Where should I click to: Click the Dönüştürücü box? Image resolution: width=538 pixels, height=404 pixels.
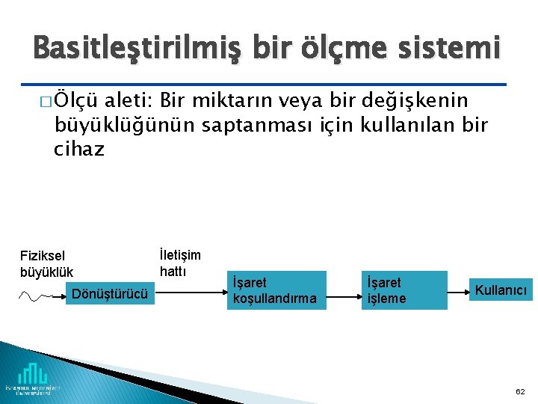pyautogui.click(x=110, y=293)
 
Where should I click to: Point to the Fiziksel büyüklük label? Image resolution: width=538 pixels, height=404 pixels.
pyautogui.click(x=47, y=263)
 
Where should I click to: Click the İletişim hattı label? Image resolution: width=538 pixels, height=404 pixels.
pyautogui.click(x=180, y=263)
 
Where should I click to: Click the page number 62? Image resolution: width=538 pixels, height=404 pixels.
pyautogui.click(x=520, y=391)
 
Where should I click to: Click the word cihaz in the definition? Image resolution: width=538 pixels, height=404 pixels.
pyautogui.click(x=79, y=150)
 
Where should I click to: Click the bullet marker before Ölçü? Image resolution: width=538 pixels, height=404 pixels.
pyautogui.click(x=48, y=102)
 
